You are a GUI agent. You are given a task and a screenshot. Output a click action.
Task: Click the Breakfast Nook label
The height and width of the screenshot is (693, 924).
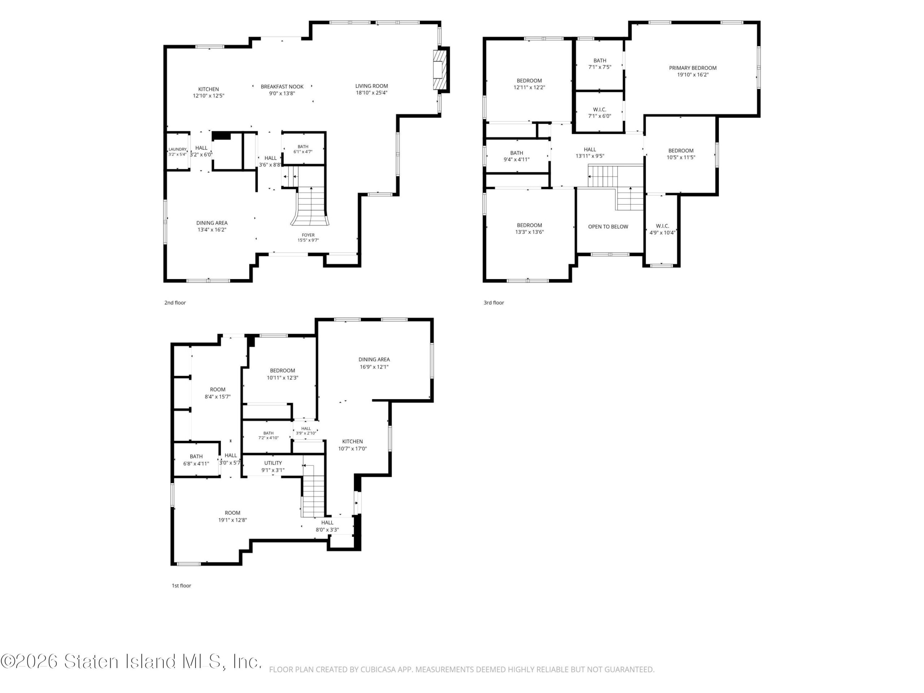point(282,87)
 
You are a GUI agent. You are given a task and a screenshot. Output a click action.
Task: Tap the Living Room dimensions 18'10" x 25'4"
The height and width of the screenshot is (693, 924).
point(371,93)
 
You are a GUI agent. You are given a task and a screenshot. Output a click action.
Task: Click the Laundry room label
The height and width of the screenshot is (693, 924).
point(178,149)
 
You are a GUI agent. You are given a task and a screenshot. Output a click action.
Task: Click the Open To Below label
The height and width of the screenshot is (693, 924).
point(608,227)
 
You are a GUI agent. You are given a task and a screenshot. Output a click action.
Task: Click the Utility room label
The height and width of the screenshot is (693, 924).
point(273,463)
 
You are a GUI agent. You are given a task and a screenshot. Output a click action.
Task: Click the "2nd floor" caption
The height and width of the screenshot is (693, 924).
point(175,302)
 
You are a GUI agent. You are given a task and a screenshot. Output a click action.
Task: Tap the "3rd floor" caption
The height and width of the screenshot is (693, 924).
point(494,302)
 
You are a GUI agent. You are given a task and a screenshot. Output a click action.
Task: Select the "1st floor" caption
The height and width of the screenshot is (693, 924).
point(181,585)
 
